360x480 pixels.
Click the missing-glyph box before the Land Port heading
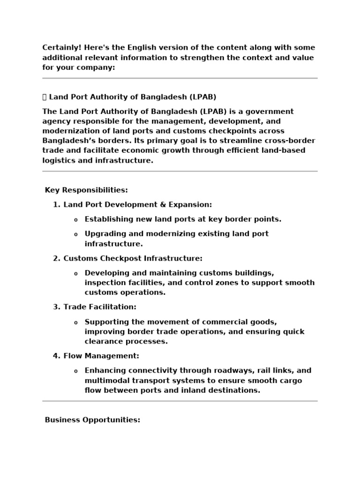[45, 97]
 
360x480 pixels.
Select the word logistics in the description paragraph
[60, 160]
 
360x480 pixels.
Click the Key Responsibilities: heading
[86, 190]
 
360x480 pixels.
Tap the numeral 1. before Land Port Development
[57, 205]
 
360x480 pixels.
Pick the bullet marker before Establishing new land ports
[76, 220]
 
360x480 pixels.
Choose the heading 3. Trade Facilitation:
[95, 307]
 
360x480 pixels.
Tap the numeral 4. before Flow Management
[57, 356]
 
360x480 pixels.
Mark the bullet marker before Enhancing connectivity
[76, 371]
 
